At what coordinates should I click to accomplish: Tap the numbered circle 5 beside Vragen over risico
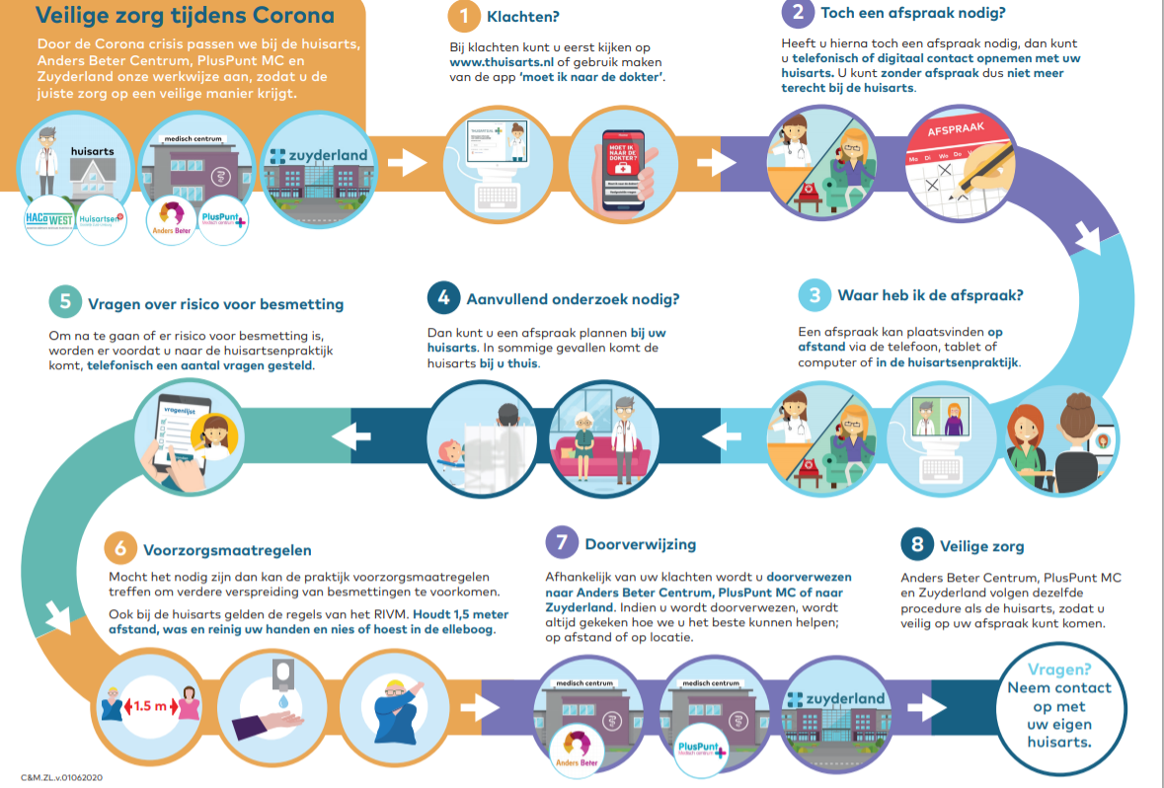coord(65,302)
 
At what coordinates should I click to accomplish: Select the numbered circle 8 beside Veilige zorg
coord(917,545)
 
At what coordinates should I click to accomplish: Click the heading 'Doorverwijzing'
coord(640,543)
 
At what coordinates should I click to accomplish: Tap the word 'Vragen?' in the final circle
coord(1059,669)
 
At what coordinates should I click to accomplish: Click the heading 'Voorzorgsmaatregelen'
coord(227,550)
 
